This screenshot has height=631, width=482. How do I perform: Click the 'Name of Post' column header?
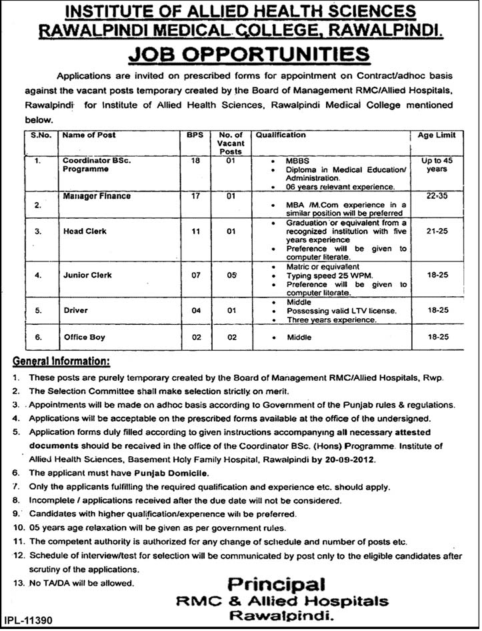tap(89, 135)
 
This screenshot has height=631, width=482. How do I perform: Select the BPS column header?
tap(194, 135)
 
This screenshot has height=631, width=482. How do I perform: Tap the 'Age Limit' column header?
tap(437, 135)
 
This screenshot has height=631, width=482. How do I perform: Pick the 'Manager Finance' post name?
tap(97, 197)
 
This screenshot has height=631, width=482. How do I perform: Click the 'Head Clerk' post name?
tap(85, 231)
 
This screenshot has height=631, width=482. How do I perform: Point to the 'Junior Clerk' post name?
tap(87, 274)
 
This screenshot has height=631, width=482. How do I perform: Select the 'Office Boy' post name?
tap(84, 338)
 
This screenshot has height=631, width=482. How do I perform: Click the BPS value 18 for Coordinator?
tap(195, 161)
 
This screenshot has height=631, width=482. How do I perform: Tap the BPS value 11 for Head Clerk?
tap(195, 231)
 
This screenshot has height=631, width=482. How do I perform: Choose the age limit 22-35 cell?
tap(437, 197)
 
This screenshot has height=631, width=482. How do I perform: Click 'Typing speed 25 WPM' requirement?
tap(325, 274)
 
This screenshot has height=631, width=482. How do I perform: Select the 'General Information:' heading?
tap(61, 362)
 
